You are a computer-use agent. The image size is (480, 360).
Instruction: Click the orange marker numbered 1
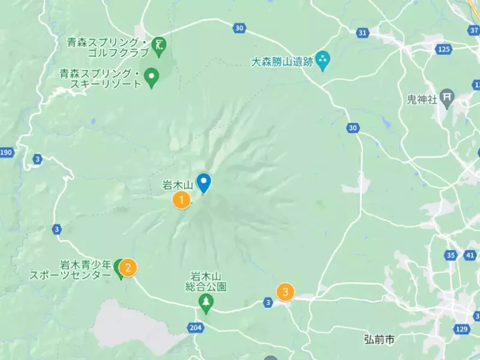[x=181, y=200]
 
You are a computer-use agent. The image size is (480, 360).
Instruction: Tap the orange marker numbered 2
[x=128, y=267]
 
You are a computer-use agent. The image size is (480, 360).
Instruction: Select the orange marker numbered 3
[x=285, y=292]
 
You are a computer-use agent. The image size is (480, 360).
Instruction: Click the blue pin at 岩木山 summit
[x=204, y=182]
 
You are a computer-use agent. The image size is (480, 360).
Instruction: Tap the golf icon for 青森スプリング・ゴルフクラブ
[x=160, y=46]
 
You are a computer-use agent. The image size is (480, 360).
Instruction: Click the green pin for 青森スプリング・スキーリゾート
[x=152, y=76]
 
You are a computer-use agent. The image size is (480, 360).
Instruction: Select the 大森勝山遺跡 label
[x=281, y=61]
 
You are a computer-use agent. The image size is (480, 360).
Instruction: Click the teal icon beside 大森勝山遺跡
[x=323, y=59]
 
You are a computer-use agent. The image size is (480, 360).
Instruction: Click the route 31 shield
[x=362, y=32]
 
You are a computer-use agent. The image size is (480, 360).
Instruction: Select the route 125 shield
[x=443, y=49]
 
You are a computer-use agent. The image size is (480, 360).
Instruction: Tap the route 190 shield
[x=7, y=152]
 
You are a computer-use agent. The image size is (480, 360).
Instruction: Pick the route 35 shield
[x=451, y=256]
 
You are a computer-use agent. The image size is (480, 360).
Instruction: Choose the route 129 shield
[x=461, y=329]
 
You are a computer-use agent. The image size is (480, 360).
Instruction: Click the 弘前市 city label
[x=379, y=340]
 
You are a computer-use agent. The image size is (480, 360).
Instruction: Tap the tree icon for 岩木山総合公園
[x=206, y=302]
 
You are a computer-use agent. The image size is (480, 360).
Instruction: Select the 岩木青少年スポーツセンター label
[x=71, y=269]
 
